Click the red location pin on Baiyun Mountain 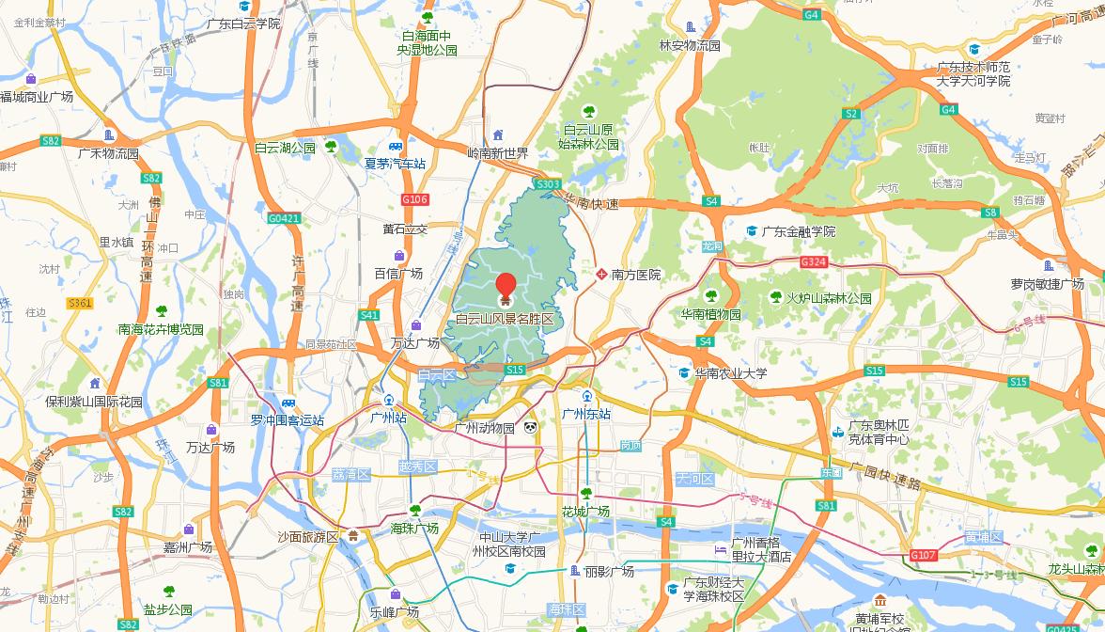click(506, 286)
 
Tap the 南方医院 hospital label click(636, 275)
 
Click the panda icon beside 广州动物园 click(531, 428)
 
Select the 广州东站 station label click(586, 414)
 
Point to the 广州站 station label click(388, 417)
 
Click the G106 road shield click(414, 199)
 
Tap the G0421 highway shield click(284, 218)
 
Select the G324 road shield click(814, 261)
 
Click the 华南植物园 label click(711, 314)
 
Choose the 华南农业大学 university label click(730, 373)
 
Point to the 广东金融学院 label click(798, 231)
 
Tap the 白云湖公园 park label click(286, 148)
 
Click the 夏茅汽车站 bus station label click(395, 163)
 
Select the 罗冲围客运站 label click(287, 420)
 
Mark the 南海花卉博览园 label click(161, 329)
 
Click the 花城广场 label click(585, 512)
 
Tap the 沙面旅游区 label click(307, 537)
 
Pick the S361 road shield click(80, 303)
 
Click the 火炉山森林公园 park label click(829, 298)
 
